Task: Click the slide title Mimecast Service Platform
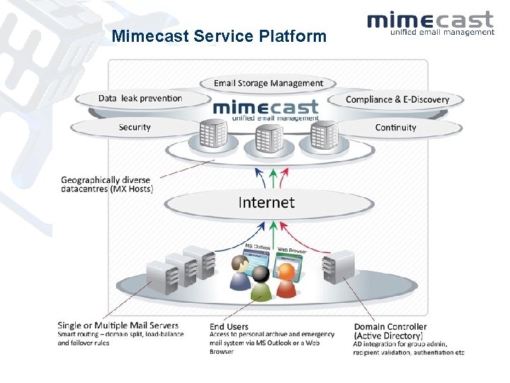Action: (x=219, y=35)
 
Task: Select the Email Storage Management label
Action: (x=268, y=83)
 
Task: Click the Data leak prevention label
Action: (x=140, y=99)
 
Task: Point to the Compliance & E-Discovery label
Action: (x=397, y=99)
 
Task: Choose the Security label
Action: (x=135, y=127)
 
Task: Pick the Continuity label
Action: (x=395, y=128)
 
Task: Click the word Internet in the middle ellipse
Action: (x=266, y=202)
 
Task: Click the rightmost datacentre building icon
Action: (x=323, y=135)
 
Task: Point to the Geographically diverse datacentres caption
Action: (x=107, y=184)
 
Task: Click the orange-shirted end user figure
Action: (x=286, y=280)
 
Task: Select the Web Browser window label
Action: (x=291, y=250)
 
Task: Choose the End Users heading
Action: (x=228, y=326)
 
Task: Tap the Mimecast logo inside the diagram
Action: (x=266, y=109)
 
